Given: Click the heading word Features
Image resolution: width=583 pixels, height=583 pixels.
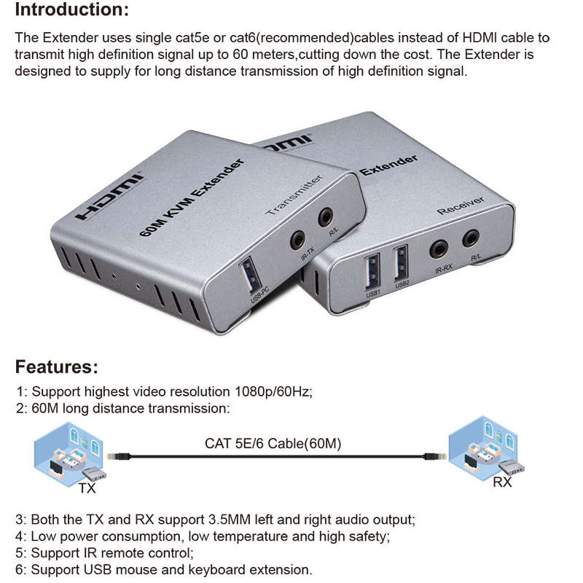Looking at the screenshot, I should point(56,366).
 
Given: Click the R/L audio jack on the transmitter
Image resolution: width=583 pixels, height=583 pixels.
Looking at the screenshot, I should point(326,216).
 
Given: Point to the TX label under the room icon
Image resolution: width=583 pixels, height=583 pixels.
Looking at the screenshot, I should point(87,488).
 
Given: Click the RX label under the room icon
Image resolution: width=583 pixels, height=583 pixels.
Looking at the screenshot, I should point(502,482).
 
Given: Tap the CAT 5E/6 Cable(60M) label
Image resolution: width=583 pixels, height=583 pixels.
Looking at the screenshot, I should point(273,443).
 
